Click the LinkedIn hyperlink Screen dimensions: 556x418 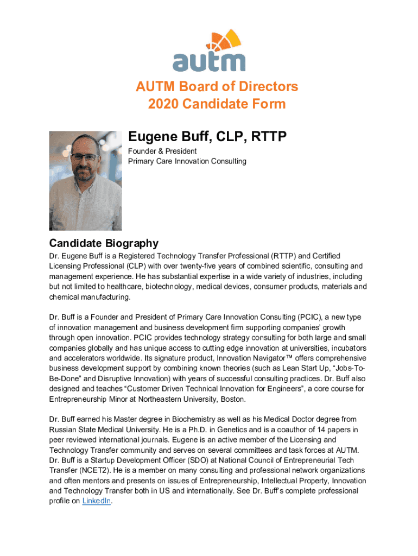pos(97,501)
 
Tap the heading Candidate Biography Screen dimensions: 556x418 pos(104,243)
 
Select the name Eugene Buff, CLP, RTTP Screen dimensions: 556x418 pos(207,137)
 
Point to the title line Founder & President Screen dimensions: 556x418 pos(162,151)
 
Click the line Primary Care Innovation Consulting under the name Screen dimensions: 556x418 pos(187,161)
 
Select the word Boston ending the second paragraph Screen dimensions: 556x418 pos(233,399)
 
